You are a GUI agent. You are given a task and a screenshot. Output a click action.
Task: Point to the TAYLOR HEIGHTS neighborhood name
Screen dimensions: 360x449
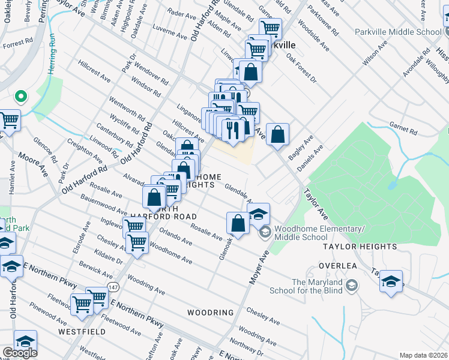[x=360, y=247]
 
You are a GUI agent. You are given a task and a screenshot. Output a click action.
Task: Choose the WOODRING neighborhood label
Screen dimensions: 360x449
[x=209, y=313]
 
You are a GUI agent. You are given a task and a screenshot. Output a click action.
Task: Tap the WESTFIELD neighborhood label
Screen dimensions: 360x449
[x=78, y=331]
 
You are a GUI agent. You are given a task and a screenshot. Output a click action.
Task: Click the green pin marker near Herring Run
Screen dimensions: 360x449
[x=20, y=96]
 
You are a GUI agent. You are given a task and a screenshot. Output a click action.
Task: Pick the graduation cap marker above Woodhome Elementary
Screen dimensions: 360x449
[x=258, y=214]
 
